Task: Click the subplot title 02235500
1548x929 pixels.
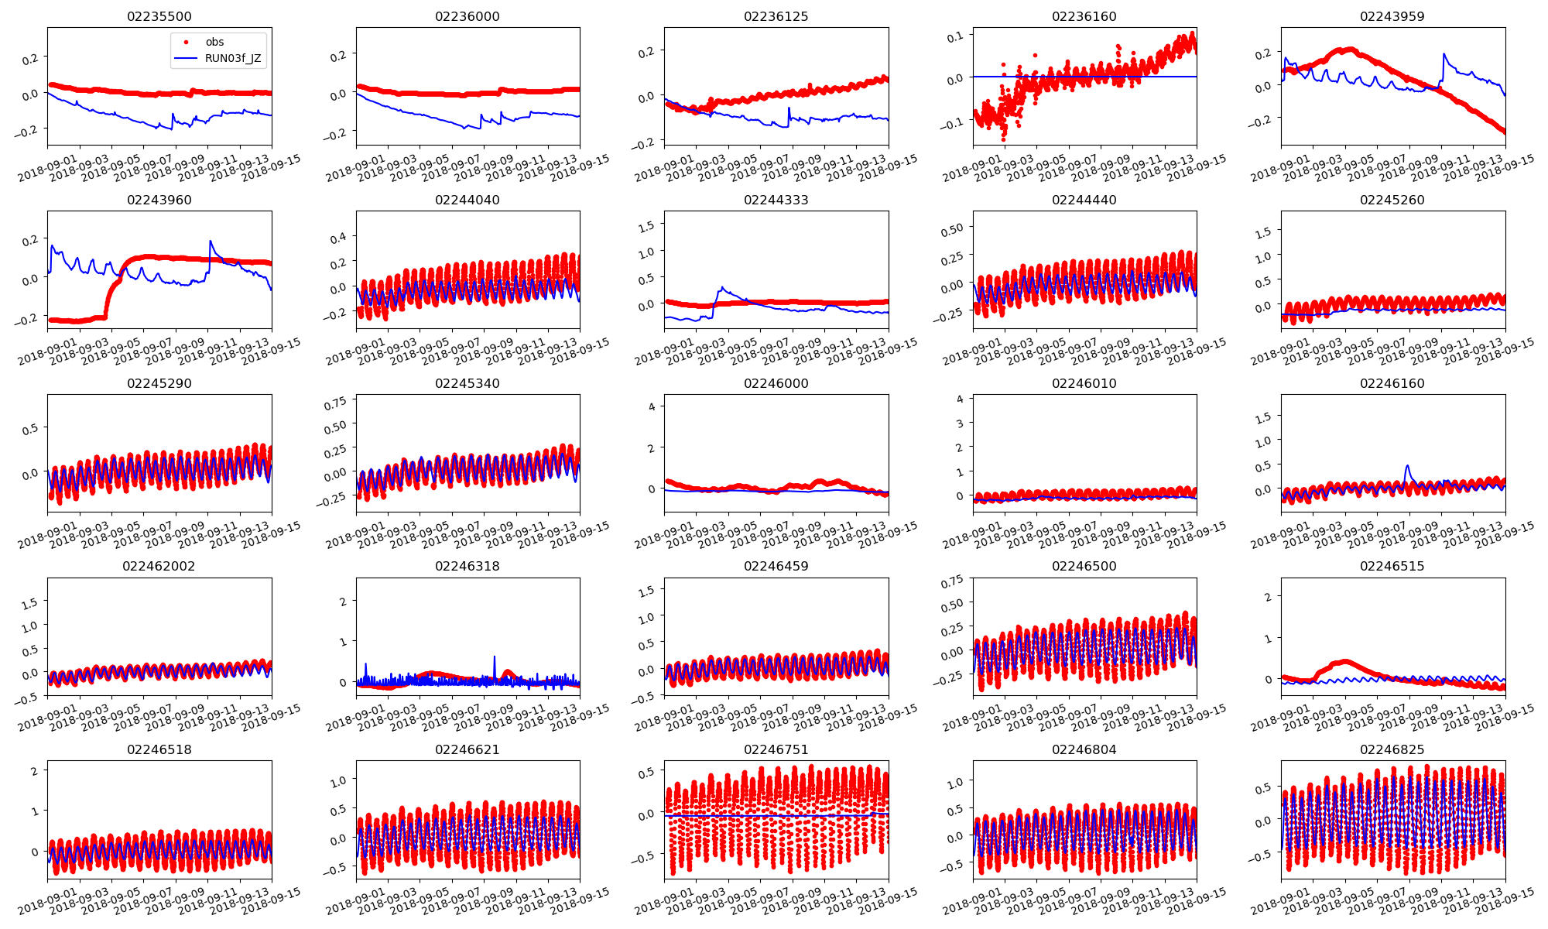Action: [159, 16]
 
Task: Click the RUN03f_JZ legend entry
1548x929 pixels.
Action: [232, 58]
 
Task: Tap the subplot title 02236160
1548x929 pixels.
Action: [1084, 16]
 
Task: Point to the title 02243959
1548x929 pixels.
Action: [1392, 16]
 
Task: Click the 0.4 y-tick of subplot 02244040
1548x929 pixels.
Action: [338, 237]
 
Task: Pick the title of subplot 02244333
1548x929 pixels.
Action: [776, 200]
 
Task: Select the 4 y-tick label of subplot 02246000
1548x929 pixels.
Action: [652, 406]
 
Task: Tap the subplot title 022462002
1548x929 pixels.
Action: [159, 566]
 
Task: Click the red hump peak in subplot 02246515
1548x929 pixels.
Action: [1345, 661]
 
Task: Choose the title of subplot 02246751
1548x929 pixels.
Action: [776, 749]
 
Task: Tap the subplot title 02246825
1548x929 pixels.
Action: [1392, 749]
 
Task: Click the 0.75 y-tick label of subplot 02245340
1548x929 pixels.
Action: [335, 403]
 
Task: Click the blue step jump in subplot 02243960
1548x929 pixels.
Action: [210, 242]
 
